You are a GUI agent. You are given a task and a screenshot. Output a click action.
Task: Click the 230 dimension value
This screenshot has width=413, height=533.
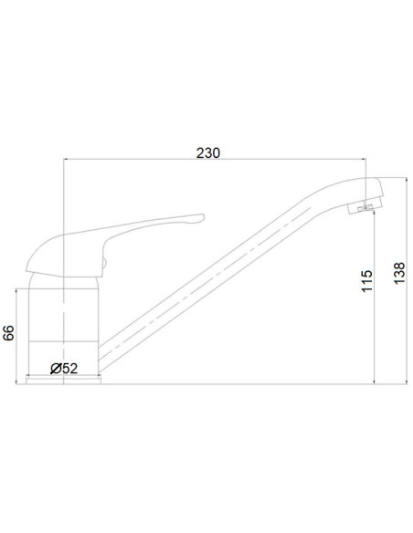(x=209, y=152)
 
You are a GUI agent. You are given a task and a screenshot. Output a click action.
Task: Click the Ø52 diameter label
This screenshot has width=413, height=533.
(x=64, y=368)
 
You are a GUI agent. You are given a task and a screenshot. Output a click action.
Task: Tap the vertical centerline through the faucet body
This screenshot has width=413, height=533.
(x=62, y=310)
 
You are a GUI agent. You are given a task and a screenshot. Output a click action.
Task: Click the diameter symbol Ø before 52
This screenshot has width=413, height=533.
(x=55, y=368)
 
